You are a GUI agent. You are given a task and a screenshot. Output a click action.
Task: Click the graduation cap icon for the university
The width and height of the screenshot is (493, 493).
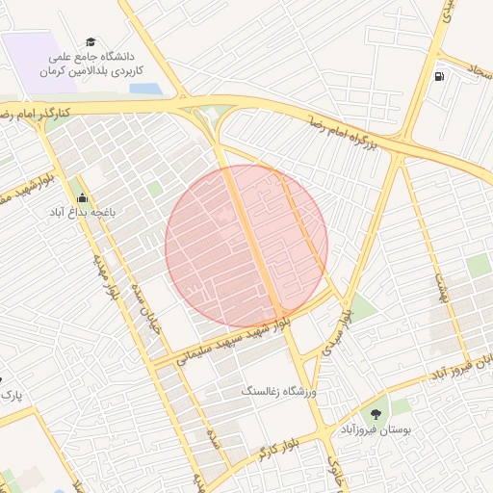[x=91, y=42]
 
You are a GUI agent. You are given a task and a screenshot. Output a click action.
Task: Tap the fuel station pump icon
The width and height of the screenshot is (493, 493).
[x=440, y=77]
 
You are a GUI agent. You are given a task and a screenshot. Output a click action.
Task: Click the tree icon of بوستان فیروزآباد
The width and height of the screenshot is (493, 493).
[x=375, y=414]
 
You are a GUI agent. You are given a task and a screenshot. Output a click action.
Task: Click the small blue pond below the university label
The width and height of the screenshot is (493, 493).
[x=145, y=89]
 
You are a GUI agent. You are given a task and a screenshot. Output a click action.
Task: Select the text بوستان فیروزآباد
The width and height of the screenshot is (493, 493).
[x=376, y=430]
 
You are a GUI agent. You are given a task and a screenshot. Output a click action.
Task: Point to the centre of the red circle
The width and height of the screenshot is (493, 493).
[x=246, y=246]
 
